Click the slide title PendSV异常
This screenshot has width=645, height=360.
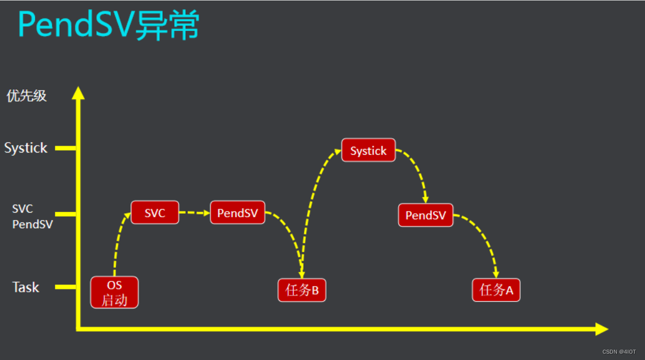click(108, 25)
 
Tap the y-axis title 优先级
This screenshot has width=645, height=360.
click(26, 96)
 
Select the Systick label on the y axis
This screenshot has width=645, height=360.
click(26, 148)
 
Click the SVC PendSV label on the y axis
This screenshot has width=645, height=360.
click(32, 217)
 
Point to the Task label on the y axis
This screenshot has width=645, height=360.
click(26, 287)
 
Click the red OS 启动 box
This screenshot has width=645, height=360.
click(115, 292)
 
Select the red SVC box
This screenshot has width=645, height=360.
click(155, 213)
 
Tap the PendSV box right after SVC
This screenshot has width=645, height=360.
click(237, 213)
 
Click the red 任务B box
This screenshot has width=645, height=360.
click(302, 290)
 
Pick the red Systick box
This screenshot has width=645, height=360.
click(368, 150)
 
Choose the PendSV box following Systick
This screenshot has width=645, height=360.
click(426, 215)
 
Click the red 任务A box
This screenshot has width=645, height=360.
click(496, 290)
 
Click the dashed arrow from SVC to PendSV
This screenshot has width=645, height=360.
click(194, 213)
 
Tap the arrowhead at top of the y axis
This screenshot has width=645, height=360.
click(78, 93)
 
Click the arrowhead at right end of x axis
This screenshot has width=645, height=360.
click(601, 329)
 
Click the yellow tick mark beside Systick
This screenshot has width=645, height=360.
click(65, 148)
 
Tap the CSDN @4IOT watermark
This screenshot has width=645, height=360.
click(619, 351)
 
